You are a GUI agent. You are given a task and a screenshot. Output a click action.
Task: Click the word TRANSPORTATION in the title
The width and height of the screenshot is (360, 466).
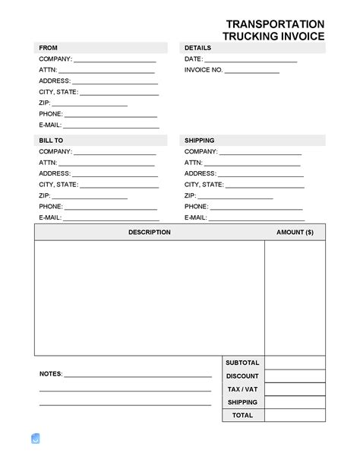275,24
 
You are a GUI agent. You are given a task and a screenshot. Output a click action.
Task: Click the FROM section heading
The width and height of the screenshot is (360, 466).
49,48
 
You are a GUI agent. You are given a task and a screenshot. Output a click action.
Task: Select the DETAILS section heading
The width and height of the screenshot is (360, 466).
197,48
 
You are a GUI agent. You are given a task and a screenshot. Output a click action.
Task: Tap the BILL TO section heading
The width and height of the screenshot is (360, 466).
51,141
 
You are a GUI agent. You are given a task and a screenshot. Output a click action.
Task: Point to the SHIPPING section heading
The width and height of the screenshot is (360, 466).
200,141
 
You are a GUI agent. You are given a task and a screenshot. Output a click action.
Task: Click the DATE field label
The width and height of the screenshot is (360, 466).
193,59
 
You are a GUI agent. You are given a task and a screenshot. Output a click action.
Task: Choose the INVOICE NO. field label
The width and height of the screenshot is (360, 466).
204,70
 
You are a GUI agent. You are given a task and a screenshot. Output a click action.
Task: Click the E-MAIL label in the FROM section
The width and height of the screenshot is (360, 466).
50,125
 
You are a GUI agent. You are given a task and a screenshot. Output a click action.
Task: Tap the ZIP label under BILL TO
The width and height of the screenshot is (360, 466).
45,195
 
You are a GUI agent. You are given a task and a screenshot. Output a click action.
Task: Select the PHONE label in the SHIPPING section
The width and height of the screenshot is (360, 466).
196,206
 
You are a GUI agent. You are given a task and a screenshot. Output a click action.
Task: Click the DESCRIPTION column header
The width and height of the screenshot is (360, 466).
149,232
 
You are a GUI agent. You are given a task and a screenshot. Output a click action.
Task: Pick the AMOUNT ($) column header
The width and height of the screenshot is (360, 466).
295,232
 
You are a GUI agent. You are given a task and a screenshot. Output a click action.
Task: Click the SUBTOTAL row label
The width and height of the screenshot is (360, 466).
242,363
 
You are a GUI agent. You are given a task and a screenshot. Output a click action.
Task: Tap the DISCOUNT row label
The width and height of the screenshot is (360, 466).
242,376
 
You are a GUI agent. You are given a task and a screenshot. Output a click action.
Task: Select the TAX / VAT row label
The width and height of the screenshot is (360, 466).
242,389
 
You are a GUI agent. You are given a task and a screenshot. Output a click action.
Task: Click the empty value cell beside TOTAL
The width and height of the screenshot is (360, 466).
295,415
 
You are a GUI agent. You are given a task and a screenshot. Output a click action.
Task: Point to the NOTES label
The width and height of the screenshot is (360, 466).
51,374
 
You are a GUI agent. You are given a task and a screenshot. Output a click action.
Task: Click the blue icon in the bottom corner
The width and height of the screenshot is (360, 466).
35,439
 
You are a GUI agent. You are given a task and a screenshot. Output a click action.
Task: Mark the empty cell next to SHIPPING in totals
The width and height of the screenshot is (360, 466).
295,402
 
